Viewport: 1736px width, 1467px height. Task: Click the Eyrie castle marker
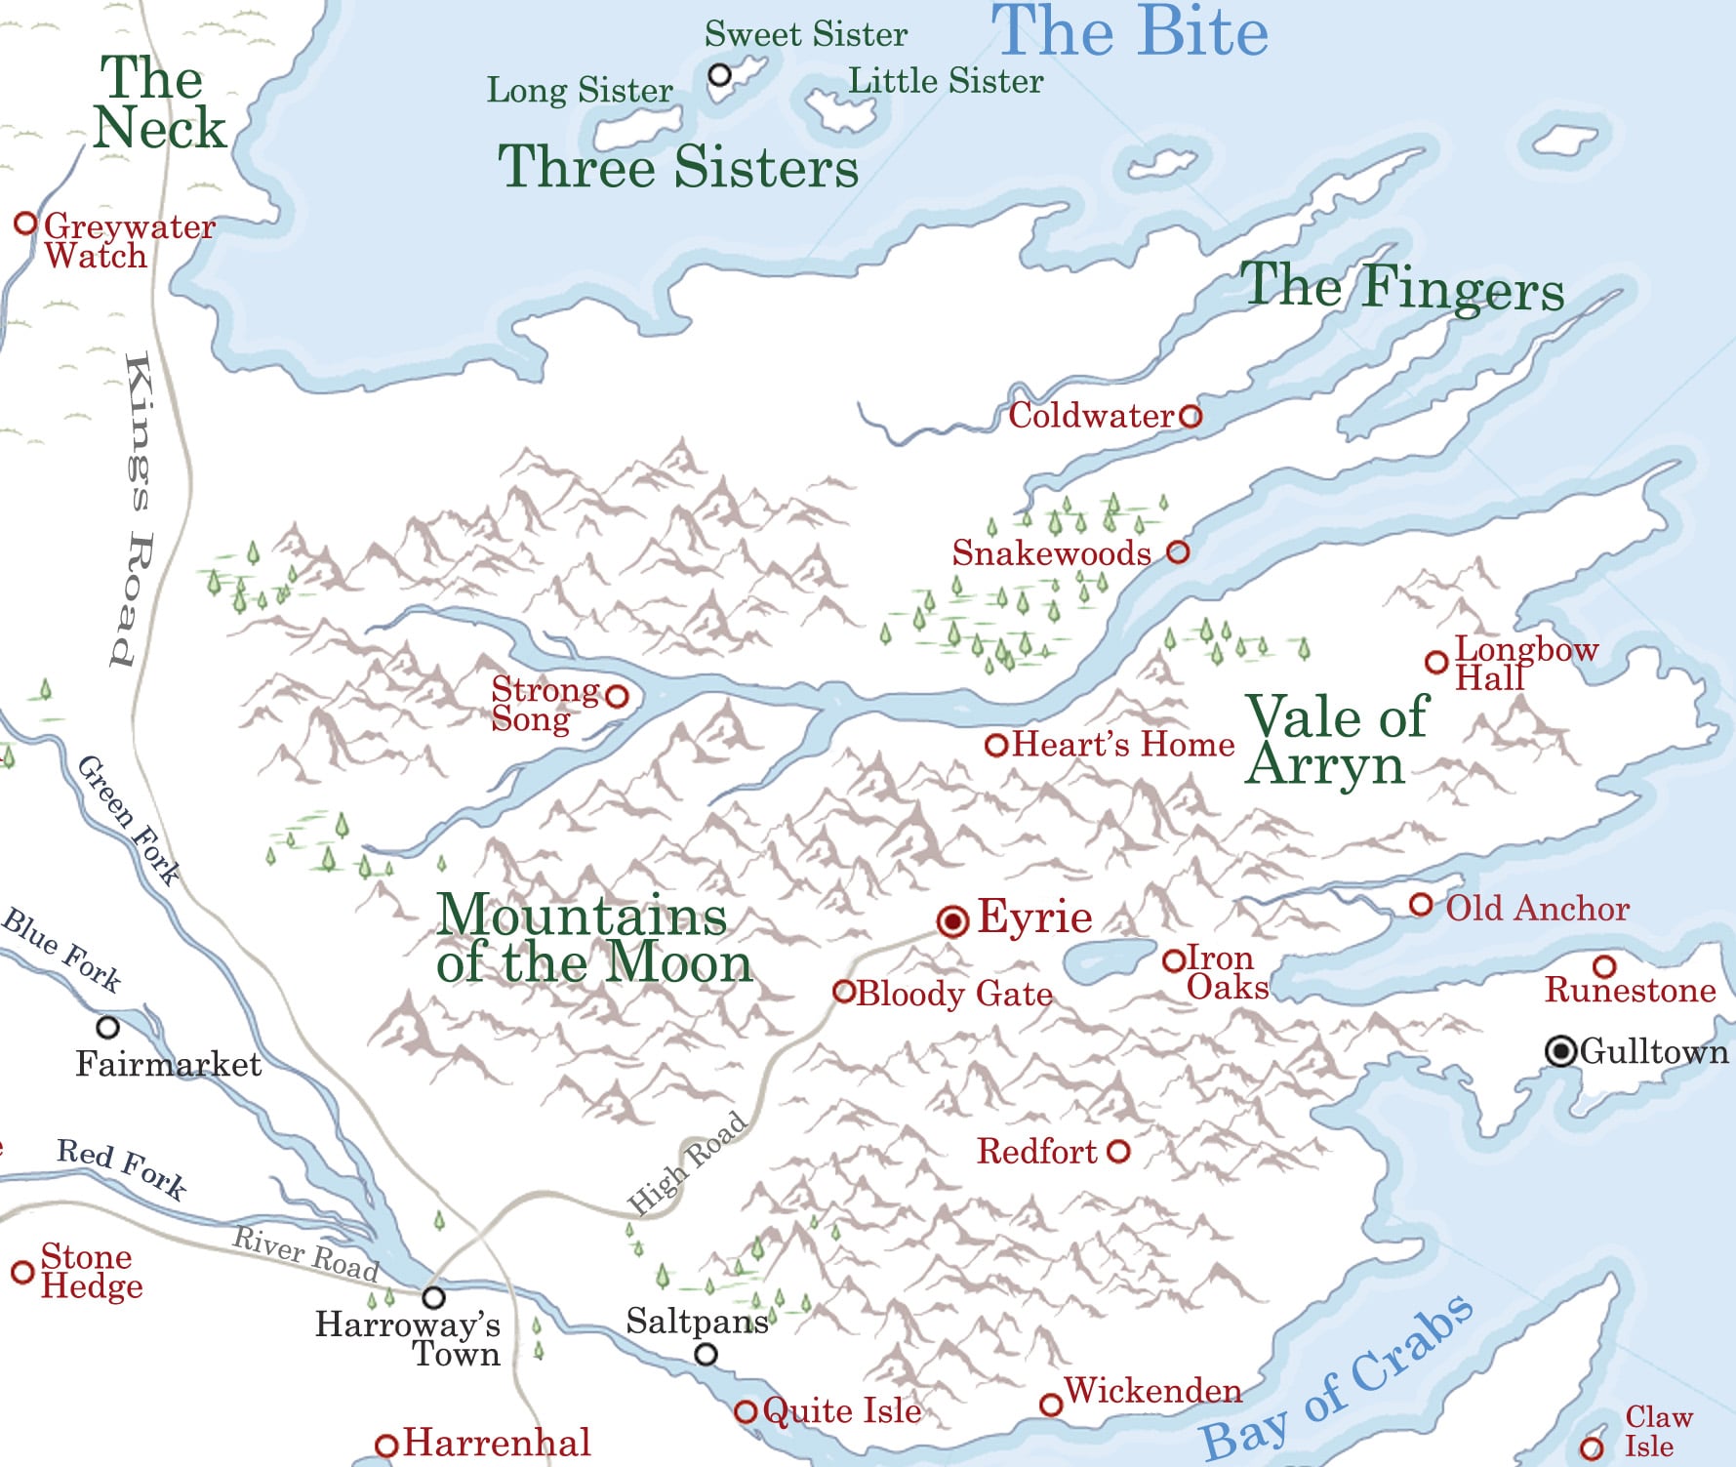952,920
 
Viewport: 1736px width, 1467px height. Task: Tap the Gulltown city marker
1561,1051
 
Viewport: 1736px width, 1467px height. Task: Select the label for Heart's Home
1123,745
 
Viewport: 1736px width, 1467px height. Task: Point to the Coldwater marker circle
1191,417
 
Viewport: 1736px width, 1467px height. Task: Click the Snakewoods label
1051,553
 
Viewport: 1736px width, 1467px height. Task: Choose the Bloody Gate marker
844,992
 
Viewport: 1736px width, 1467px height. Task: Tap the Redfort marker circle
1119,1152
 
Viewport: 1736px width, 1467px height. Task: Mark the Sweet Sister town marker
720,74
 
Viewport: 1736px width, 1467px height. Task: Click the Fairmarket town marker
108,1027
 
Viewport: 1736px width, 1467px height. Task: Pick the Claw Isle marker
1592,1448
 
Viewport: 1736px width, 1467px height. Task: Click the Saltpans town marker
706,1355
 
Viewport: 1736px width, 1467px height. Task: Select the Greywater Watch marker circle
25,224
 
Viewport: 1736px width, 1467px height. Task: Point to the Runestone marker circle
1604,966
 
